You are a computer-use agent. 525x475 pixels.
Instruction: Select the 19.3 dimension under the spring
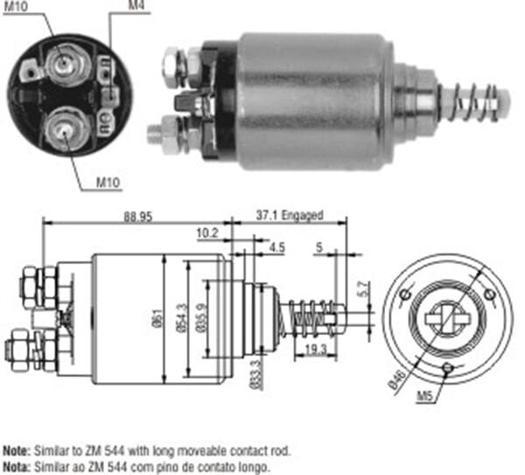(315, 348)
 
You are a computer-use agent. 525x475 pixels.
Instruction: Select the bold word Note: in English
(18, 450)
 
